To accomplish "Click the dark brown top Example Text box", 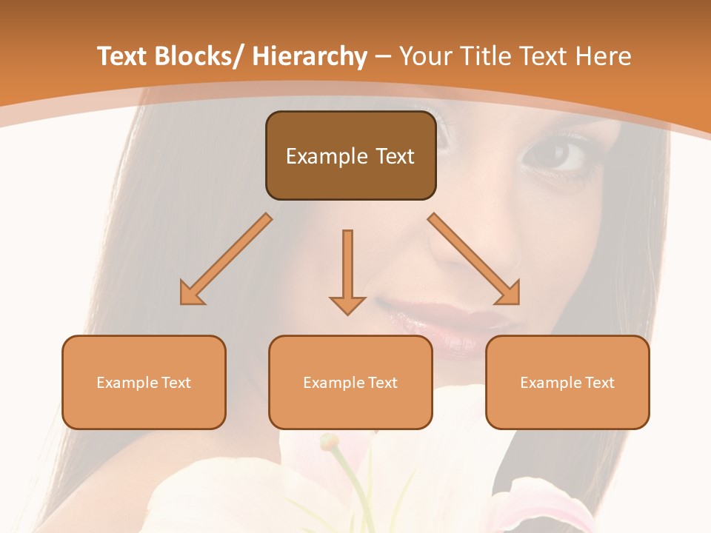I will coord(350,155).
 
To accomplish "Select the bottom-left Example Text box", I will coord(144,382).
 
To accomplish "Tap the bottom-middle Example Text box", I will coord(350,382).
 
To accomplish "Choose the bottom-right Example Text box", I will coord(567,382).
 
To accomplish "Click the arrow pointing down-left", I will coord(226,259).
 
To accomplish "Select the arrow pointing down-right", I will coord(474,259).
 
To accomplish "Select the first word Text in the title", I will coord(122,56).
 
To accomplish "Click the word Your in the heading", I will coord(424,56).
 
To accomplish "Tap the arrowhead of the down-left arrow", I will coord(191,294).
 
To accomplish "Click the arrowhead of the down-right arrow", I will coord(509,294).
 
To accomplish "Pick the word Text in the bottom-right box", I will coord(598,382).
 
